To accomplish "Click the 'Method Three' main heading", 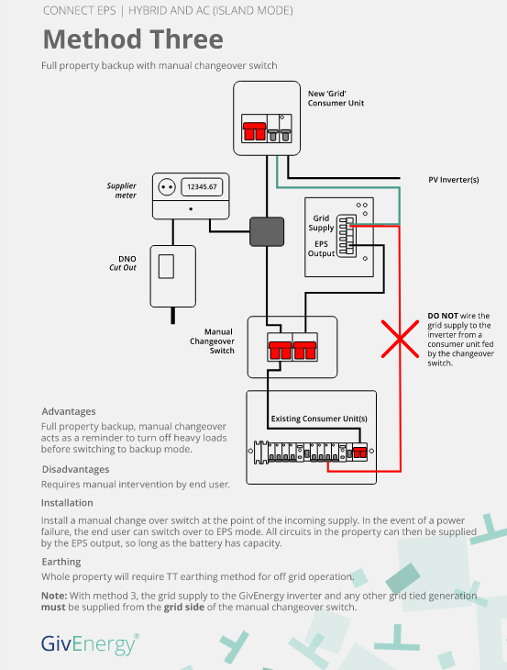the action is [x=133, y=39].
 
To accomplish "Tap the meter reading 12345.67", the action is [x=202, y=186].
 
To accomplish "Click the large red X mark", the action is [x=400, y=340].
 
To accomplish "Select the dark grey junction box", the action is [x=267, y=231].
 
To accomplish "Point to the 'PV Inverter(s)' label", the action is [x=454, y=180].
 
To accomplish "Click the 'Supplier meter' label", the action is [x=122, y=191].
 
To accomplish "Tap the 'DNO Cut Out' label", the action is [x=123, y=263].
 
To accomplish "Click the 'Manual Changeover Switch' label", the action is [x=213, y=341].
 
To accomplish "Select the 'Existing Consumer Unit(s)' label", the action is [x=319, y=419].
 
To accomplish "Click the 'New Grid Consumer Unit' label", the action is [x=336, y=98].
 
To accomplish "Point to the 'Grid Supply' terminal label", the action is [x=322, y=223].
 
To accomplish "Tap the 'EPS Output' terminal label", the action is [x=322, y=249].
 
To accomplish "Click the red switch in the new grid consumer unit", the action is [x=254, y=131].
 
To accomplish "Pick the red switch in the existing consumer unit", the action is [x=360, y=452].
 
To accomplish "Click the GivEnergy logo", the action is [x=90, y=644].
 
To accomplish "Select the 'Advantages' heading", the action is [x=69, y=411].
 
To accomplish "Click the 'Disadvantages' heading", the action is [x=75, y=469].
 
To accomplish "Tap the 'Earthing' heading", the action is [x=61, y=562].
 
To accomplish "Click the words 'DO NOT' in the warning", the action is [x=443, y=316].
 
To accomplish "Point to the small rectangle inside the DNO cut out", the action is [x=167, y=267].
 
